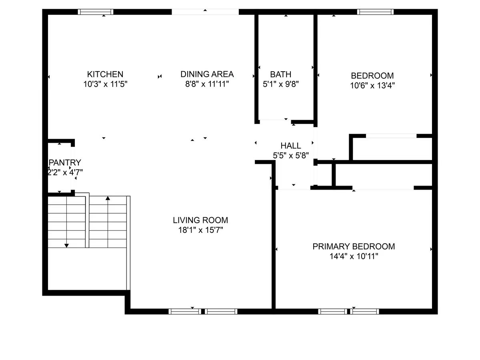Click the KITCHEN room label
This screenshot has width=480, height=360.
click(105, 74)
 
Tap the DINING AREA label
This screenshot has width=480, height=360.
click(207, 74)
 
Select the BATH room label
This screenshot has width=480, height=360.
click(280, 74)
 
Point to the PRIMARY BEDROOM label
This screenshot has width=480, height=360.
click(354, 246)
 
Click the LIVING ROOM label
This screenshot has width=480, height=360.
click(200, 220)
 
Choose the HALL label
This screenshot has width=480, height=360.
click(291, 146)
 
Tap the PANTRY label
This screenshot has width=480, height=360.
click(65, 162)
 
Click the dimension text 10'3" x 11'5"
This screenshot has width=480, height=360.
click(105, 84)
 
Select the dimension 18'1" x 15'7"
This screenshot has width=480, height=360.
click(200, 230)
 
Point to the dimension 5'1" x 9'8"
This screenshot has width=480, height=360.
click(280, 84)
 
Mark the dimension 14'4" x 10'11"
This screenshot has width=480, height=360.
click(354, 256)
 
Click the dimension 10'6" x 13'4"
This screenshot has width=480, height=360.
click(372, 86)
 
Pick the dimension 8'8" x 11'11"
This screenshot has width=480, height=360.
click(207, 84)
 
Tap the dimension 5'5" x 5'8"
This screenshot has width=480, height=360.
click(291, 156)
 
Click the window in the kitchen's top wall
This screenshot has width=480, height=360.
click(96, 12)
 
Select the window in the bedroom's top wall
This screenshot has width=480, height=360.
click(375, 12)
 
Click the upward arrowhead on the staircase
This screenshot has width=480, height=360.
click(108, 198)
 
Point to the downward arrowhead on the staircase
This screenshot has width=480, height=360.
click(66, 246)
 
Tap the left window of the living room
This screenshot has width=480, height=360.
click(185, 312)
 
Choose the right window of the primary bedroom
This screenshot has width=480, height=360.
click(364, 312)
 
